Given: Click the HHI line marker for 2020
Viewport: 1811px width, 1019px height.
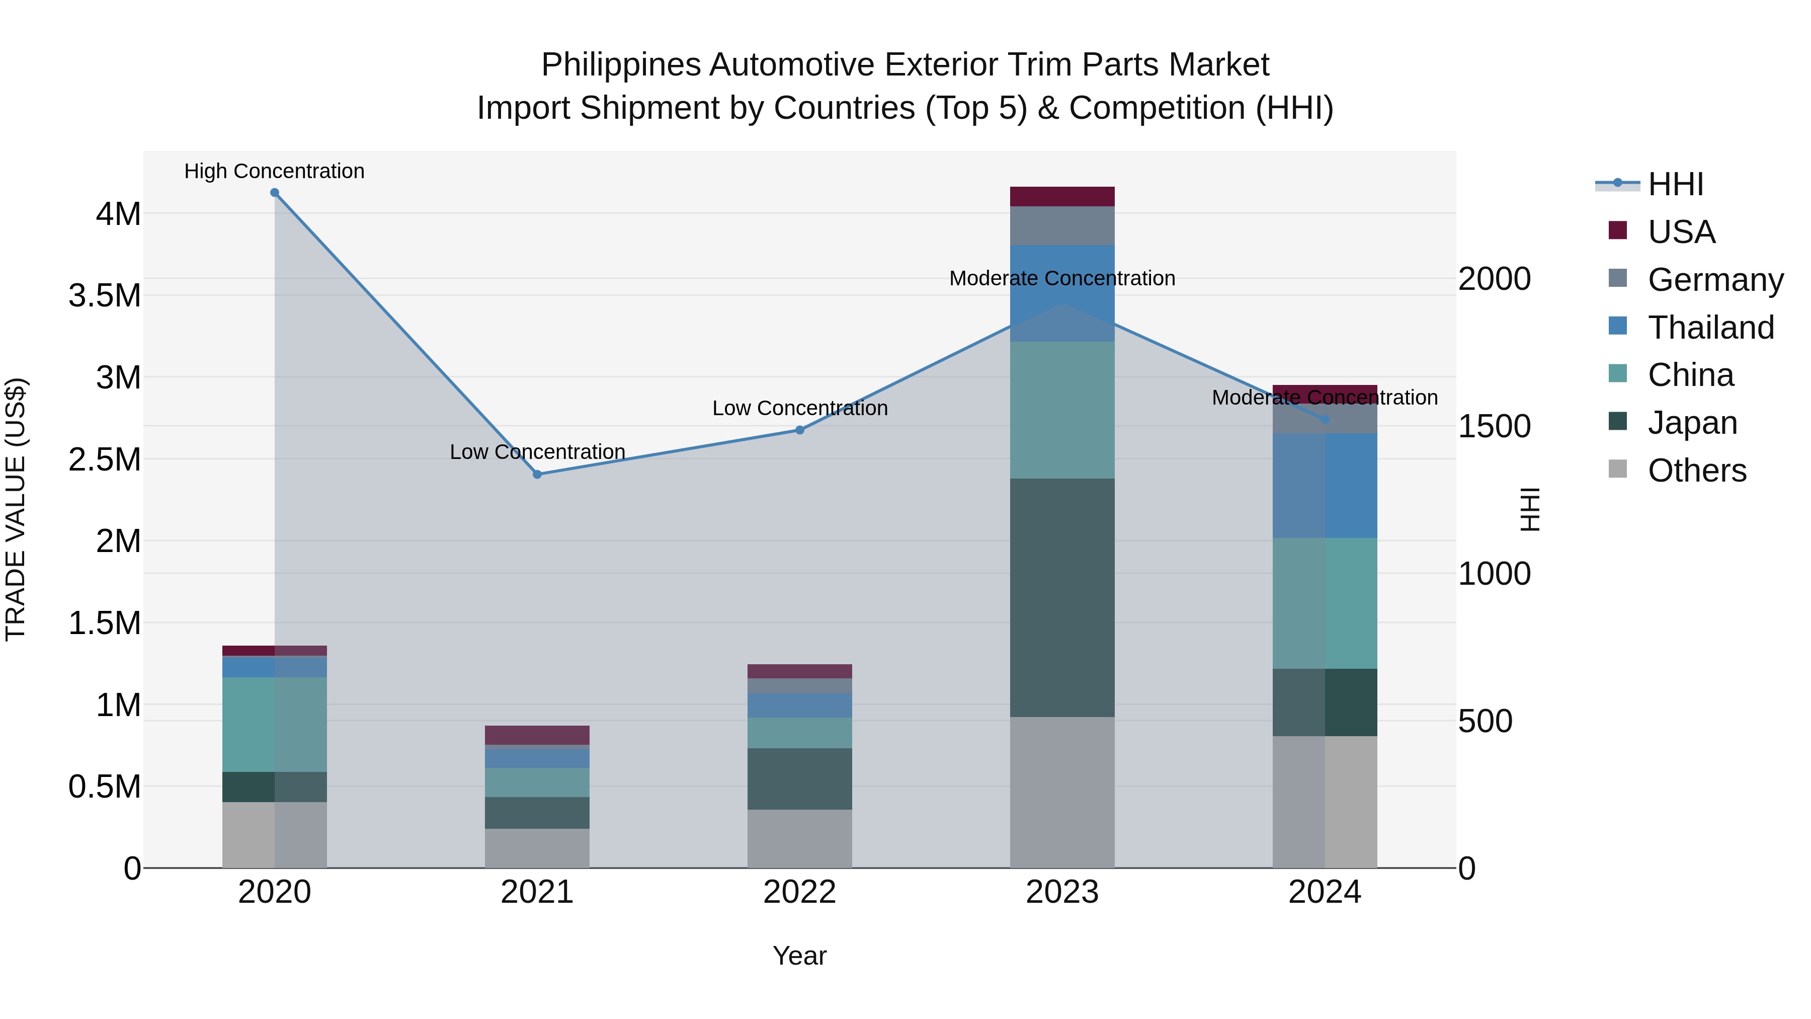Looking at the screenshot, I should click(275, 193).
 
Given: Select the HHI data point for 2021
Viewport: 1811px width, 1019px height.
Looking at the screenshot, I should click(537, 475).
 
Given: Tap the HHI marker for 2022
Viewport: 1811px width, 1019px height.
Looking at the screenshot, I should click(799, 430).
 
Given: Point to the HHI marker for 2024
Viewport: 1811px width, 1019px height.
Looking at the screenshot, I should click(1325, 420).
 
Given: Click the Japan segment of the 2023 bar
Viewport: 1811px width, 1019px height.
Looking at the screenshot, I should click(1062, 598).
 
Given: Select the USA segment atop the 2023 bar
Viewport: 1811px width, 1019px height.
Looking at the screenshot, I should click(1062, 197).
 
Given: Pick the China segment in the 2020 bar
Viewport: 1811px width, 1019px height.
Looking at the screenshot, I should click(275, 724).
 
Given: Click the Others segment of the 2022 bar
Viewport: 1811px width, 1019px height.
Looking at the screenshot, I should click(799, 838).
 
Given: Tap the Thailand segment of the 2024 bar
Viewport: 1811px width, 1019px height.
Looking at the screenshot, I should click(1325, 485).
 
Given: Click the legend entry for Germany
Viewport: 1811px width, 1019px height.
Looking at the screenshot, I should click(1715, 280).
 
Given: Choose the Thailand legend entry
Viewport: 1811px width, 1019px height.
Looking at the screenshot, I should click(1710, 328).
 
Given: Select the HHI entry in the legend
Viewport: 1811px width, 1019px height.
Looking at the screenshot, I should click(1675, 184).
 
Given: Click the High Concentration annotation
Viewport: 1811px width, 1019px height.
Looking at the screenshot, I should click(274, 172).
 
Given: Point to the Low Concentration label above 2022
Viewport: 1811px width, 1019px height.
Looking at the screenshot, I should click(799, 409).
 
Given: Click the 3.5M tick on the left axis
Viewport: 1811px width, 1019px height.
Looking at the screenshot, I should click(105, 295).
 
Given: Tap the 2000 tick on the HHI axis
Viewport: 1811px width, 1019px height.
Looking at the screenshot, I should click(1494, 279).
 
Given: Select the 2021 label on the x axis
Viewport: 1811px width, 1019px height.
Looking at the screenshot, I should click(537, 892).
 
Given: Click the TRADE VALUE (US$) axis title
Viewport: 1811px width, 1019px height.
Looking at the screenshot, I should click(16, 509).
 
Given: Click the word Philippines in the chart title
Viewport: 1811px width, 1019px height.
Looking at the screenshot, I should click(621, 65).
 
